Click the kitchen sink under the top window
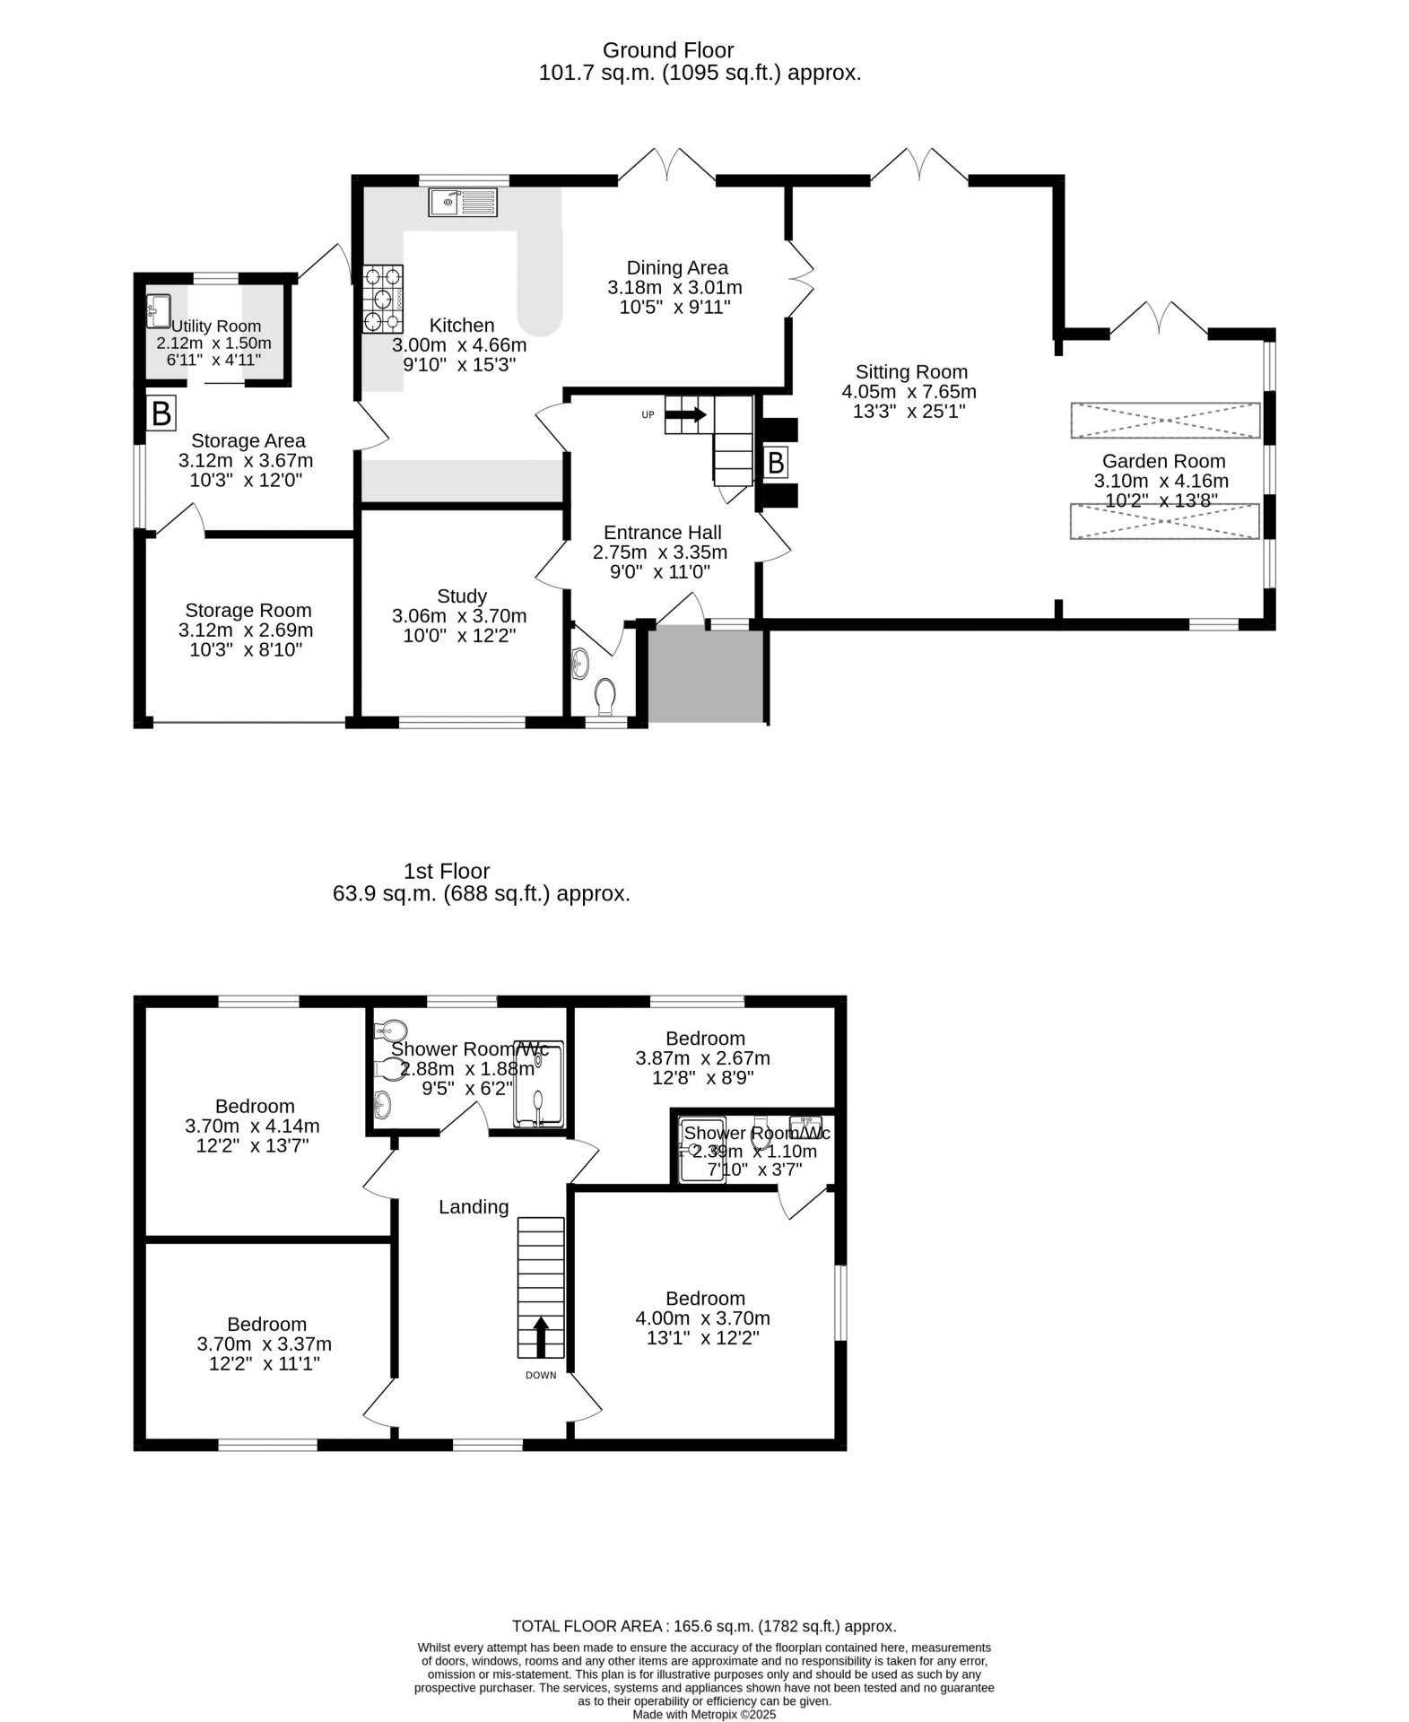(x=463, y=203)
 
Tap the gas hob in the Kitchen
(x=383, y=300)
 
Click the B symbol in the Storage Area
(x=161, y=414)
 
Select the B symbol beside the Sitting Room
(x=776, y=464)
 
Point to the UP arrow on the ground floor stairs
(x=686, y=414)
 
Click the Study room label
(x=462, y=596)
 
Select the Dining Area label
(x=677, y=267)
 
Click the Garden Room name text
(x=1163, y=461)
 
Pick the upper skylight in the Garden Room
(x=1165, y=421)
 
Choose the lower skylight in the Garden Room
(x=1165, y=522)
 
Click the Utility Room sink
(x=159, y=311)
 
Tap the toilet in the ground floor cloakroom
(x=605, y=695)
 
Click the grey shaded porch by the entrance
(x=706, y=675)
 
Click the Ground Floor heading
(x=668, y=50)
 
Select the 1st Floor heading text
(x=447, y=871)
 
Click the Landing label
(x=474, y=1207)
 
